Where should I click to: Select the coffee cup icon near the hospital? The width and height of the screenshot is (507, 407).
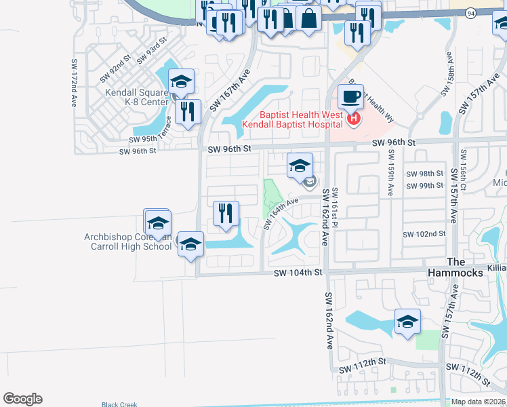(350, 97)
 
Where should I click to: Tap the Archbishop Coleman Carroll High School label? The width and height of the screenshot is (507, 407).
(128, 241)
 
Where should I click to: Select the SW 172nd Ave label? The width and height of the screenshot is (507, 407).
(74, 83)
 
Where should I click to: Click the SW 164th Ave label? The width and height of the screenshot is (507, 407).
(281, 213)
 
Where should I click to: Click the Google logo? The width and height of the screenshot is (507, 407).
(22, 399)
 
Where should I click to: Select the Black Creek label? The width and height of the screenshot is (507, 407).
(119, 404)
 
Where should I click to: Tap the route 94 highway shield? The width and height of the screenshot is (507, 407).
(470, 12)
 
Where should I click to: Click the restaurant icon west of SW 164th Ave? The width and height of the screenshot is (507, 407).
(226, 214)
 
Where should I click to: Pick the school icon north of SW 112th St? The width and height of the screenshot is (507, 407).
(407, 322)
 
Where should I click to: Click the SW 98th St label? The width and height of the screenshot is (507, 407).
(426, 174)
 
